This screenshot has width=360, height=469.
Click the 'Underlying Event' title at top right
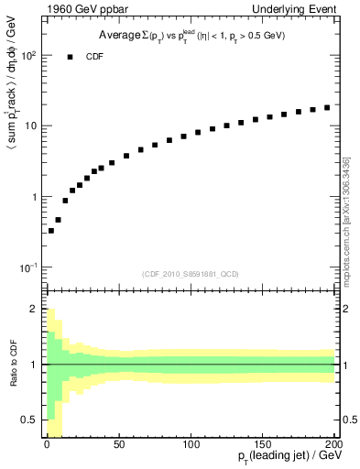[296, 11]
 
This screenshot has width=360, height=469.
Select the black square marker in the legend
[69, 56]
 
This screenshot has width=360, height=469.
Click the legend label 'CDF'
[94, 56]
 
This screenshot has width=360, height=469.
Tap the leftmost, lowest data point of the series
[51, 231]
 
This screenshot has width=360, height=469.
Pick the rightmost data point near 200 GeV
[327, 107]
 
